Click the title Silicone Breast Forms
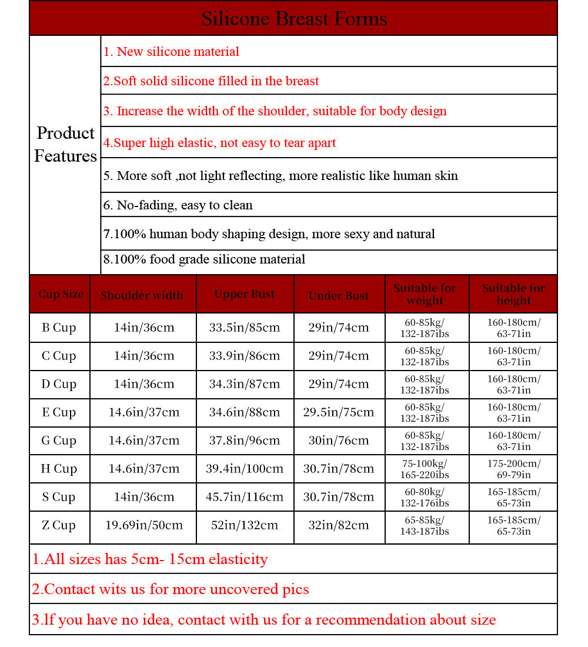(294, 18)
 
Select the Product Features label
(65, 145)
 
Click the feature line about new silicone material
(171, 52)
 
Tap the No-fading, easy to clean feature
(178, 205)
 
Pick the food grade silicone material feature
(204, 259)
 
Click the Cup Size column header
(61, 294)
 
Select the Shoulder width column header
(142, 295)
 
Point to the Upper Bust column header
(245, 295)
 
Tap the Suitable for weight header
(425, 294)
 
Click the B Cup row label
(59, 328)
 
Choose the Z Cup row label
(59, 525)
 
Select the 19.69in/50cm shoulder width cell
(144, 525)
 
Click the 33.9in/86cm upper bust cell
(245, 356)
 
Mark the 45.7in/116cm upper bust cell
(245, 497)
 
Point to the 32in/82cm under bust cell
(339, 525)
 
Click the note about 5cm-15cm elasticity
(150, 559)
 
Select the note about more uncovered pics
(171, 589)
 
